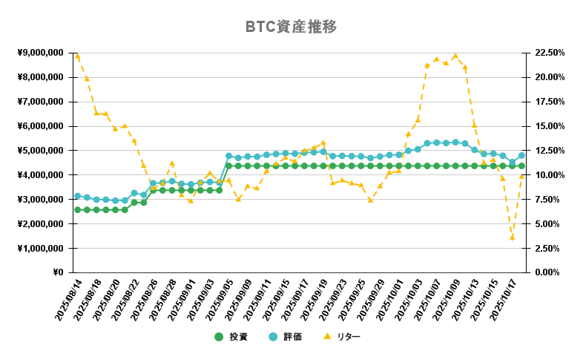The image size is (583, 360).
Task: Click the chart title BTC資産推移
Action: click(291, 27)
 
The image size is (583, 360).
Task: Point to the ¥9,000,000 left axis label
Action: click(40, 53)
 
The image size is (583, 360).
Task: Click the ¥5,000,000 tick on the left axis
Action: click(40, 151)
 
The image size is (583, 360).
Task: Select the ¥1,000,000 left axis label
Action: click(40, 248)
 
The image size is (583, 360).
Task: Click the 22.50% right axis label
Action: click(548, 53)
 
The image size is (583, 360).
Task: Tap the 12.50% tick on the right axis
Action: click(548, 151)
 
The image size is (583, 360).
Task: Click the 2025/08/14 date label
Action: click(65, 300)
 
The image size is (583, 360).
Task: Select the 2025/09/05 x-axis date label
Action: click(217, 300)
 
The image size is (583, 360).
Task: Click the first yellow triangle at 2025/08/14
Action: click(77, 56)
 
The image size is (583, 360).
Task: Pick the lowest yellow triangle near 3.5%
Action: click(512, 238)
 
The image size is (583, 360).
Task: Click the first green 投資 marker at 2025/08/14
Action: click(77, 210)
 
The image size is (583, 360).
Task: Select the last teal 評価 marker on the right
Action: click(521, 156)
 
